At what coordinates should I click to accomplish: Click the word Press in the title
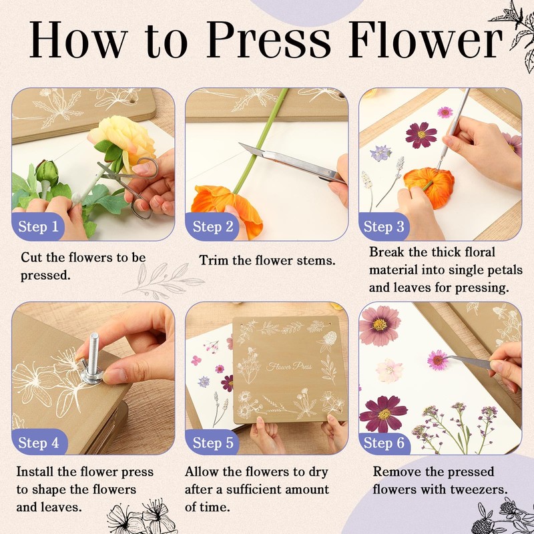click(x=269, y=39)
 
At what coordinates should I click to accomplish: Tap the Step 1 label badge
click(x=38, y=226)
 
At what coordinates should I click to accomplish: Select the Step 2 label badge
click(x=212, y=226)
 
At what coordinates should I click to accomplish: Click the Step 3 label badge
click(x=384, y=226)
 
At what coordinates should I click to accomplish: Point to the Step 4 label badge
click(x=39, y=443)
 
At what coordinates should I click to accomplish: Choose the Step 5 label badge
click(x=212, y=443)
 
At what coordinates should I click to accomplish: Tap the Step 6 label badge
click(x=384, y=443)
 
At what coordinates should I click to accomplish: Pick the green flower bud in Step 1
click(x=47, y=173)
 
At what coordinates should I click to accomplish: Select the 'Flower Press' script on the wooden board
click(x=289, y=366)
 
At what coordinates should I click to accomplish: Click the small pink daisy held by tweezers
click(x=438, y=360)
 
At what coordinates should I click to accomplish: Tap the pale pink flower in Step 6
click(x=390, y=370)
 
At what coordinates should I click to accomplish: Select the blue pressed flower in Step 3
click(x=380, y=154)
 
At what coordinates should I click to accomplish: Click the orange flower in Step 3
click(x=430, y=187)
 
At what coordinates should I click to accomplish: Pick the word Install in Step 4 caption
click(x=35, y=472)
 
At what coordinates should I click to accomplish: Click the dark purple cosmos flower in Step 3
click(x=421, y=136)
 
